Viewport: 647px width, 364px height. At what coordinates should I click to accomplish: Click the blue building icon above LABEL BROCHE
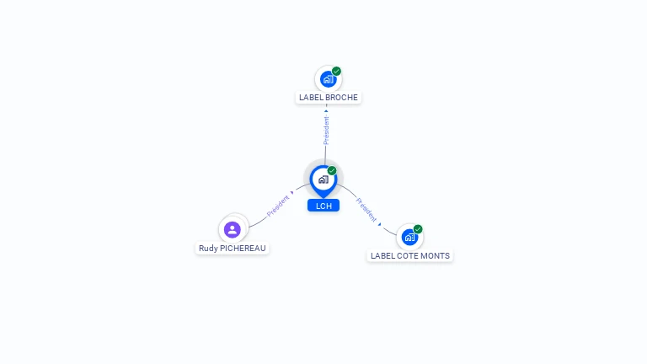click(x=328, y=79)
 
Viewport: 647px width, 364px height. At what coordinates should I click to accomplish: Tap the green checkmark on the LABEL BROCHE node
click(x=336, y=72)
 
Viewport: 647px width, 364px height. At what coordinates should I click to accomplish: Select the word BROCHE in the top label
click(x=341, y=98)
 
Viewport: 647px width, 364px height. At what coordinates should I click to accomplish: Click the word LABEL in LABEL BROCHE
click(x=311, y=98)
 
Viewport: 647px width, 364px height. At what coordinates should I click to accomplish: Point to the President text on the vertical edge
click(x=326, y=130)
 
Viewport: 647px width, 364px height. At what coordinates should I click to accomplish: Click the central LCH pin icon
click(x=323, y=179)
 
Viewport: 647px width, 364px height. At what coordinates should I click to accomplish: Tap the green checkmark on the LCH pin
click(x=332, y=171)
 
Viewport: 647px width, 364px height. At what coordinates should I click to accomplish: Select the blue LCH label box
click(x=323, y=206)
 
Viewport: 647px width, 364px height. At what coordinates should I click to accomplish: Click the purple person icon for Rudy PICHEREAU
click(x=233, y=229)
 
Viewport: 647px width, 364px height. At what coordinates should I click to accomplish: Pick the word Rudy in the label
click(x=207, y=249)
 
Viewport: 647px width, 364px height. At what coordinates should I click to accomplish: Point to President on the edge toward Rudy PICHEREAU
click(x=279, y=206)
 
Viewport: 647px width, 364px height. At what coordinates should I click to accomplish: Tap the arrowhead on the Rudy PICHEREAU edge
click(x=292, y=194)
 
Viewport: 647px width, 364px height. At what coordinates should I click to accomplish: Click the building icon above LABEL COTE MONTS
click(x=409, y=237)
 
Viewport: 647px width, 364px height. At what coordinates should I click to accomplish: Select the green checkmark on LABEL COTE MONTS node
click(x=418, y=229)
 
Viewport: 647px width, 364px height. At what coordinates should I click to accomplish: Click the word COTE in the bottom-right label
click(x=409, y=256)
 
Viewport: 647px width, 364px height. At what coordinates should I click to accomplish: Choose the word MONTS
click(x=436, y=256)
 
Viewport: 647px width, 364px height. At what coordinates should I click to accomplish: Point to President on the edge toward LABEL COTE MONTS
click(x=366, y=210)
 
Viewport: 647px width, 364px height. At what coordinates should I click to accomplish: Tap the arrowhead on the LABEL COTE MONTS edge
click(x=380, y=224)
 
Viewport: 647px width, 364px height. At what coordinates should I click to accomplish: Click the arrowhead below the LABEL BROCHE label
click(x=326, y=110)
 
